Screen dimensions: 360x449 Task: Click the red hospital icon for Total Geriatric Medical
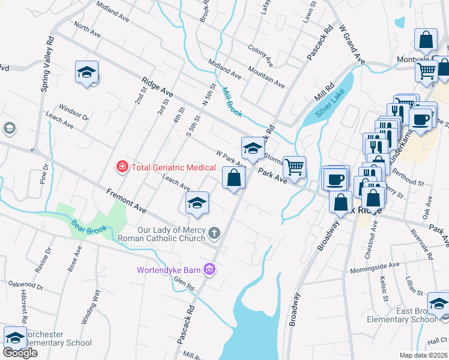point(122,165)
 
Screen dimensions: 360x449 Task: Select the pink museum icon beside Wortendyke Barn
point(209,269)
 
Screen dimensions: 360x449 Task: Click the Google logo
point(20,353)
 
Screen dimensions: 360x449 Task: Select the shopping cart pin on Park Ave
point(294,168)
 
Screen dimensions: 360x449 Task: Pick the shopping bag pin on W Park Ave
point(234,178)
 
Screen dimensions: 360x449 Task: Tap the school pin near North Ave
point(86,73)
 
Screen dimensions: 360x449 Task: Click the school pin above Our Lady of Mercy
point(196,203)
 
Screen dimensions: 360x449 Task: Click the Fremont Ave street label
point(126,201)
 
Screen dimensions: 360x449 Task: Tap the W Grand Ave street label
point(352,45)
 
